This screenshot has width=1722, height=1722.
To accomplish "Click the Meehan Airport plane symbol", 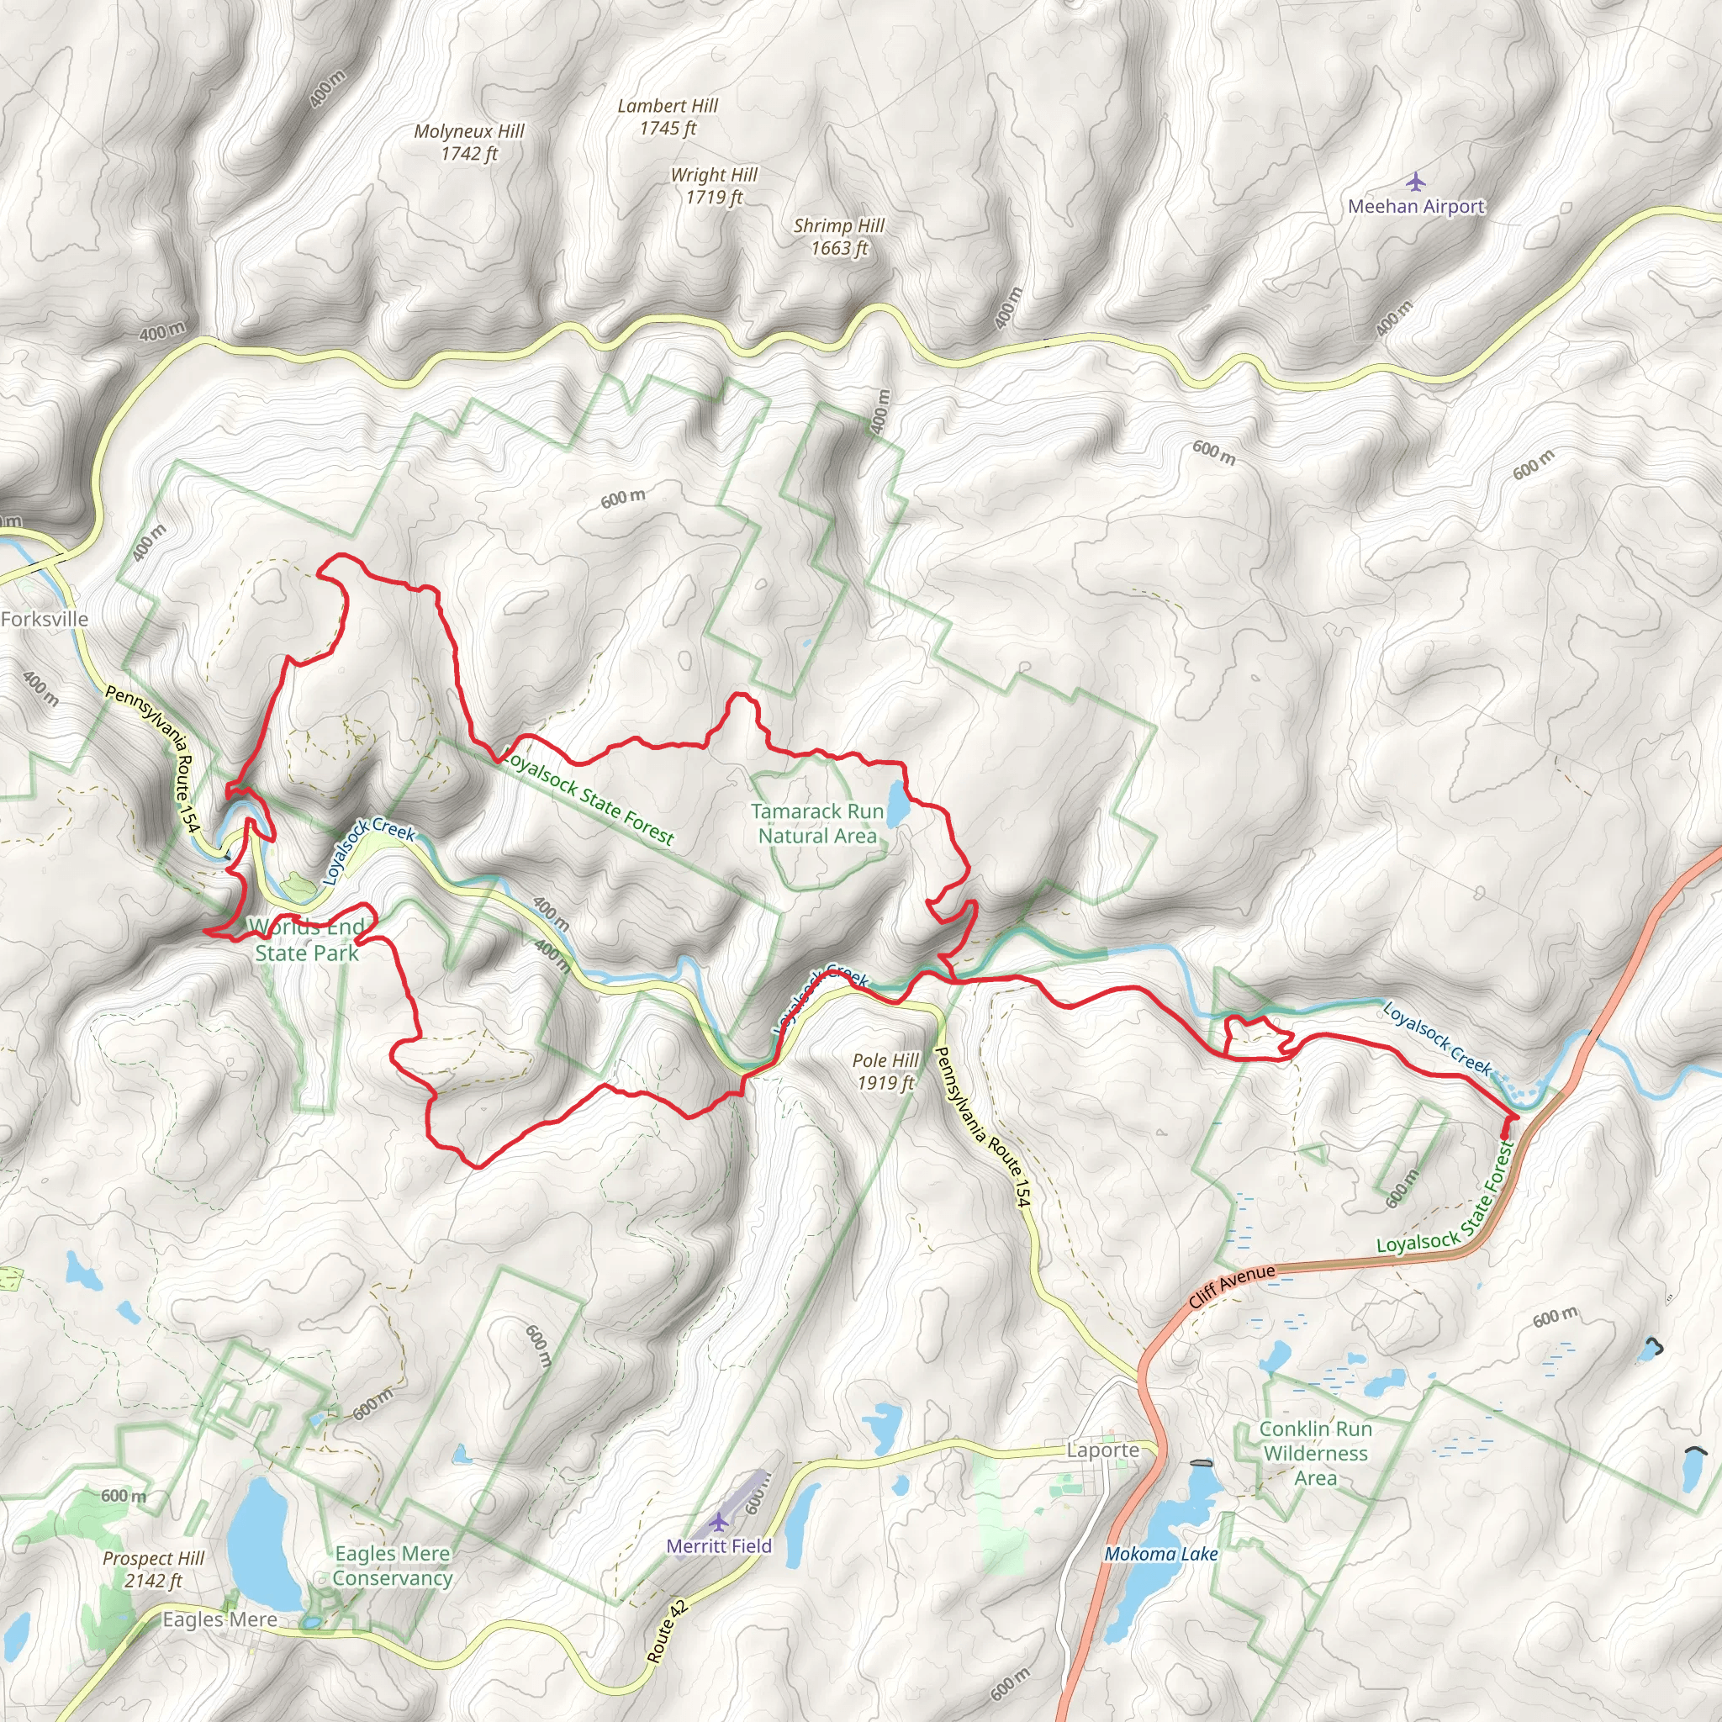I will coord(1415,182).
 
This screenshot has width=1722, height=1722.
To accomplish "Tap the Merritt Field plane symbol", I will coord(718,1521).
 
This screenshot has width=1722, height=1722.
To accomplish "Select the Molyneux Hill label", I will coord(469,143).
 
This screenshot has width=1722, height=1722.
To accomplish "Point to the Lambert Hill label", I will coord(668,117).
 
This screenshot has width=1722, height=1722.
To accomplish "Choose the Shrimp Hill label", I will coord(838,237).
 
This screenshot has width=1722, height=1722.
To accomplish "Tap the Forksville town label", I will coord(45,620).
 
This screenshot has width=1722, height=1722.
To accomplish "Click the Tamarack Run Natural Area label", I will coord(817,823).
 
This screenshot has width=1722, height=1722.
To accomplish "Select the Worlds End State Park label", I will coord(306,940).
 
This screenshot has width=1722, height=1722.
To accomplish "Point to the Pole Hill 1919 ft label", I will coord(885,1071).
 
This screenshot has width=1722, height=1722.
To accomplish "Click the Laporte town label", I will coord(1103,1450).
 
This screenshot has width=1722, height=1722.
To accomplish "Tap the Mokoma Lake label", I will coord(1161,1555).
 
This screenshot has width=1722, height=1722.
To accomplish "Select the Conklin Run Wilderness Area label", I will coord(1316,1453).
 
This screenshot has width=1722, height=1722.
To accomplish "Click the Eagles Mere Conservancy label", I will coord(392,1566).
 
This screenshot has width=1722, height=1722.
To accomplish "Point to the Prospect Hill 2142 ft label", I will coord(153,1570).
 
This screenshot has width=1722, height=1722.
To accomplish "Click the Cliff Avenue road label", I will coord(1233,1287).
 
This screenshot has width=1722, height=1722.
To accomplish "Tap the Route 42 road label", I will coord(667,1632).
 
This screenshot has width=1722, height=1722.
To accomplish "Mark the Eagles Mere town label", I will coord(219,1619).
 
